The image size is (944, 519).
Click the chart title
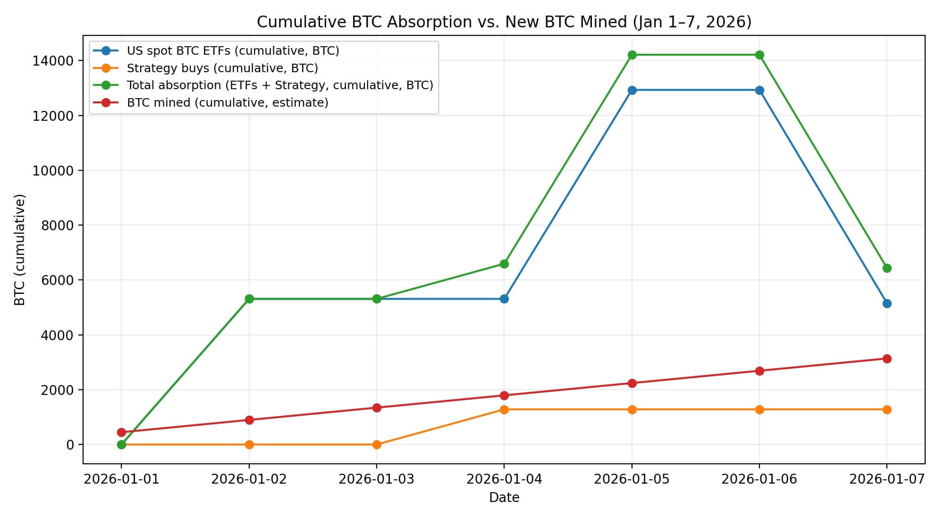(504, 22)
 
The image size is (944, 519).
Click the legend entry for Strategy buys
(222, 68)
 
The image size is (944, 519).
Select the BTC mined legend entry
(228, 102)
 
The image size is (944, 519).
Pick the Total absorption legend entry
(280, 85)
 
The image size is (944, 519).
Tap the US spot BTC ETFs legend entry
(233, 50)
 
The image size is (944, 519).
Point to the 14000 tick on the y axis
(53, 61)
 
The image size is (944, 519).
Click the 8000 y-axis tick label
(56, 226)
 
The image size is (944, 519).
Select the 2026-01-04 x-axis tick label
(504, 479)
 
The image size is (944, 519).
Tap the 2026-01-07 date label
(886, 479)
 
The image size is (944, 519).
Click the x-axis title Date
(504, 498)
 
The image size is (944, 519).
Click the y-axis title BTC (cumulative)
(20, 250)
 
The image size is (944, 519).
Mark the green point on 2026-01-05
(632, 55)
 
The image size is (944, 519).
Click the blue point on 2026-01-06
(759, 90)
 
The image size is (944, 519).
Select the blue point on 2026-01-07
(887, 303)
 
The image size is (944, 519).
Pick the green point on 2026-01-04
(504, 264)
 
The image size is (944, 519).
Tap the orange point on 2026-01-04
(504, 410)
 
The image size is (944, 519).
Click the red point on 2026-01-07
(887, 359)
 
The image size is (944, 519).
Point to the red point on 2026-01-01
(121, 432)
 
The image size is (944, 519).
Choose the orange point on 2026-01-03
(377, 444)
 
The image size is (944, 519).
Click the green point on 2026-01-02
(249, 299)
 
